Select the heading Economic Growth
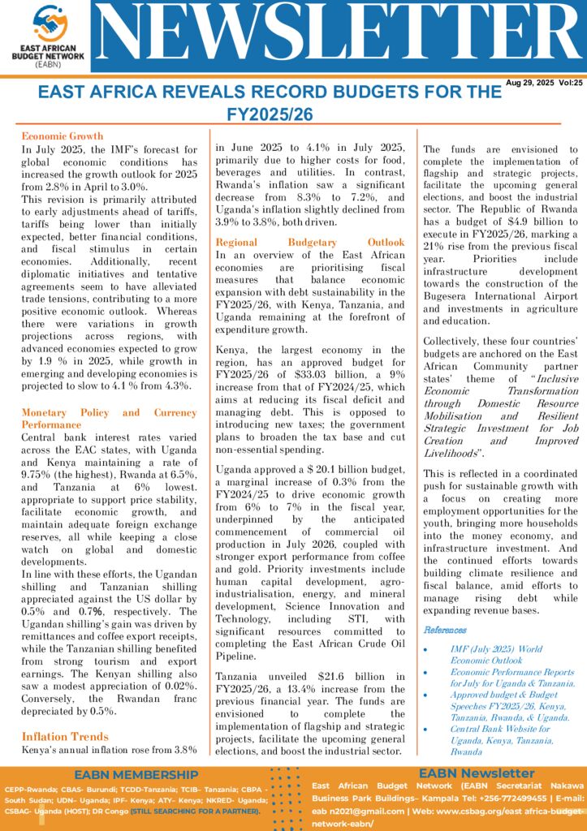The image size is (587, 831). point(62,136)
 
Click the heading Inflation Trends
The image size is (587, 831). point(65,737)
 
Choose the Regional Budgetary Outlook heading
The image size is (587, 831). point(309,242)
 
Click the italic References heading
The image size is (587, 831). point(445,630)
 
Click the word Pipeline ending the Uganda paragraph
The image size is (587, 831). point(237,657)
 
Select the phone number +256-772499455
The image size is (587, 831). point(498,799)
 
